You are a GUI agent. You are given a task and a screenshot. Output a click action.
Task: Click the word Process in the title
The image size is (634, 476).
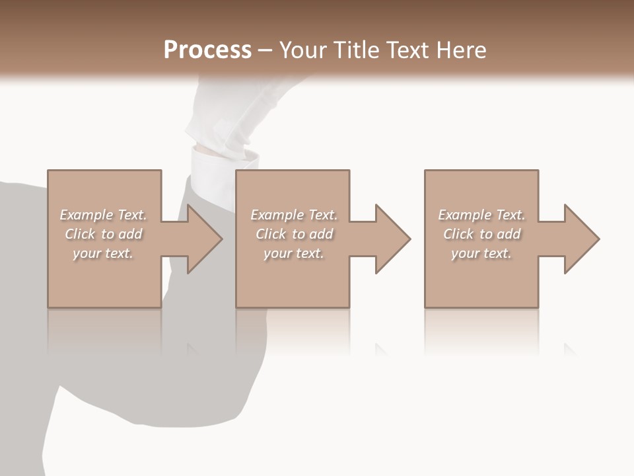[x=207, y=50]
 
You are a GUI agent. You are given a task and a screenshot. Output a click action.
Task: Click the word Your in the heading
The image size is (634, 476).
[x=304, y=50]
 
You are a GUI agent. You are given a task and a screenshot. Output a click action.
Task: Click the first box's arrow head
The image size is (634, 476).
[x=202, y=239]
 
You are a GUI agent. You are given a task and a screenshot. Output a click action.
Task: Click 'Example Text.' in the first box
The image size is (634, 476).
[x=103, y=215]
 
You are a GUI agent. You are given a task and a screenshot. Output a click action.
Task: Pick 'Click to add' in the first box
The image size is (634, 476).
[x=103, y=234]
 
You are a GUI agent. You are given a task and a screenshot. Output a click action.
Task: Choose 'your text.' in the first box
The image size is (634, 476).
[x=103, y=253]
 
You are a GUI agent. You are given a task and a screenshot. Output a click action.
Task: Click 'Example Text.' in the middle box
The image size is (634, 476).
[x=294, y=215]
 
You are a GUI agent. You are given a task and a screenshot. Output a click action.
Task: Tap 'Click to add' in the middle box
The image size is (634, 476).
[x=294, y=234]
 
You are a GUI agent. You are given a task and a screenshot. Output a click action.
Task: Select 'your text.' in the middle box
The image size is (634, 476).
[x=294, y=253]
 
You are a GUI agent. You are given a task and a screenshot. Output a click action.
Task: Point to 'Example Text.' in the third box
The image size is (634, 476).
[x=481, y=215]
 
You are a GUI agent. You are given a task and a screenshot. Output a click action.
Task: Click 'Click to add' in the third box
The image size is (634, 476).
[x=481, y=234]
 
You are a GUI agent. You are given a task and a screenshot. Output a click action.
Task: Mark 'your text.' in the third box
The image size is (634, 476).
[x=481, y=253]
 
